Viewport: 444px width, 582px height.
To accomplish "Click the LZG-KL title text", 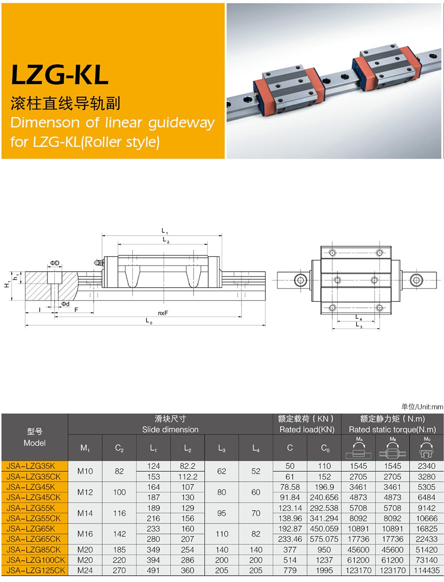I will [x=60, y=74].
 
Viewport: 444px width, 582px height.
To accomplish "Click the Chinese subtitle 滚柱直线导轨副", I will [x=65, y=103].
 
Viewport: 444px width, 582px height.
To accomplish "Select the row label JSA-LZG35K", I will [x=31, y=466].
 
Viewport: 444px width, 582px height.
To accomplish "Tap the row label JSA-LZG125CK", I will [x=36, y=570].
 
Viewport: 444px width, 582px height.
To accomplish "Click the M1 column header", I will [x=85, y=448].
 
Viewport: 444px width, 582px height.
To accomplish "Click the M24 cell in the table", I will [x=85, y=570].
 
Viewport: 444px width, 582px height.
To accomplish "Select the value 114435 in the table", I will [x=427, y=570].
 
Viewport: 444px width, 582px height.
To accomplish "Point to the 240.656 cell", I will [x=324, y=498].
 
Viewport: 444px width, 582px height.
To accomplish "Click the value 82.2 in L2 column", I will [x=187, y=466].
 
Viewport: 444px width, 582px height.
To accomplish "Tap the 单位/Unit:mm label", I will [x=422, y=406].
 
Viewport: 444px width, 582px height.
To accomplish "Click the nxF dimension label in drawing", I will [x=163, y=313].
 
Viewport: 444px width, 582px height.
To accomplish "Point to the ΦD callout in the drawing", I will [x=55, y=263].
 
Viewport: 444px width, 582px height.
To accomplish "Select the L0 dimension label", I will [x=149, y=321].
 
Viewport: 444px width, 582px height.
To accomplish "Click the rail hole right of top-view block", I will [x=416, y=280].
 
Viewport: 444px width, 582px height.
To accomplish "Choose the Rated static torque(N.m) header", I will [x=392, y=429].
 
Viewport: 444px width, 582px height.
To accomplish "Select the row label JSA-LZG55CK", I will [x=34, y=518].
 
